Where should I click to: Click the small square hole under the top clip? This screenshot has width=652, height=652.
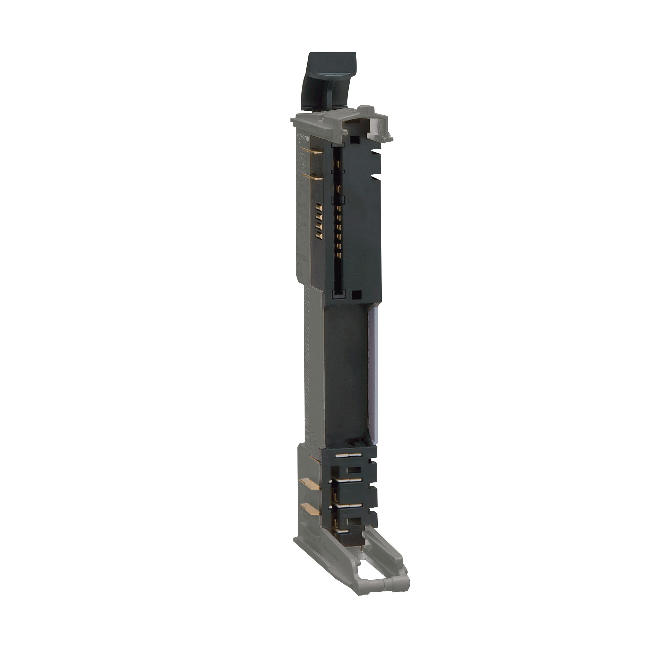(353, 139)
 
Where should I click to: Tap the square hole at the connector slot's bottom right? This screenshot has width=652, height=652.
(356, 294)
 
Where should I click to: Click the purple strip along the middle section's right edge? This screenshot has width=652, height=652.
(374, 371)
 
